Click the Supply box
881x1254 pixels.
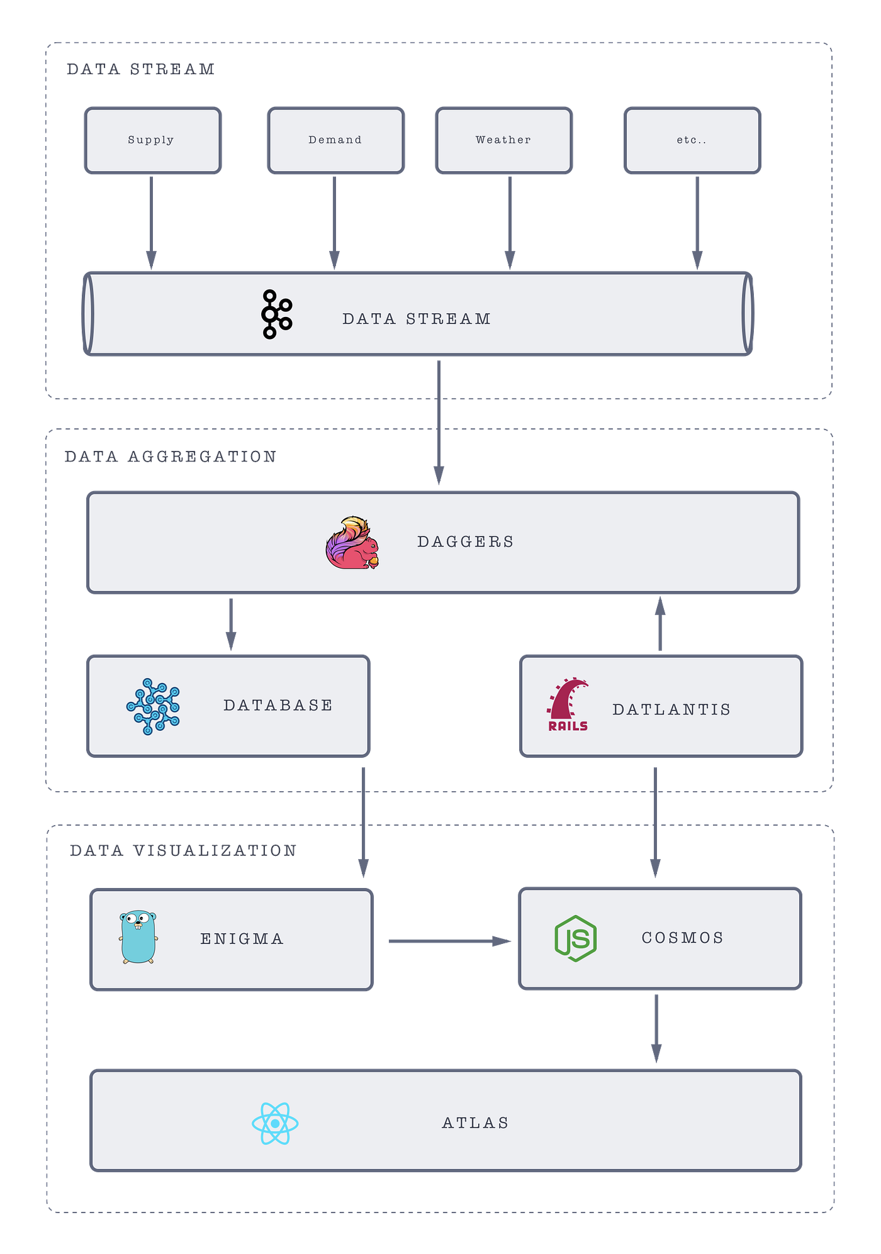153,140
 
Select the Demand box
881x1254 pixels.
335,140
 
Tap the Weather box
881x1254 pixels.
504,140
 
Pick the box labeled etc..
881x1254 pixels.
692,140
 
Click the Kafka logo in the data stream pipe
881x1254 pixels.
277,314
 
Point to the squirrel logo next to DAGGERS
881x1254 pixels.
352,543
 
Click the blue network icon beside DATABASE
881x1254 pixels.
153,706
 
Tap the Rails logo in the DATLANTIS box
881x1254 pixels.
568,704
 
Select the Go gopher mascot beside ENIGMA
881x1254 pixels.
138,937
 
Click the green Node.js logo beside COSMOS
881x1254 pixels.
576,938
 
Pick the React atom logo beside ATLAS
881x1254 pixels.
275,1123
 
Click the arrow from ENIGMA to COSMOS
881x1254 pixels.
450,941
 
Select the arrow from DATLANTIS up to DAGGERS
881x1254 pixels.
660,623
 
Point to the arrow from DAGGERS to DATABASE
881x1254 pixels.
231,624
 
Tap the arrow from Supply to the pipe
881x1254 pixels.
151,223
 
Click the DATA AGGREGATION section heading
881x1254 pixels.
171,457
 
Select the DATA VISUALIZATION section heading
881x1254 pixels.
183,850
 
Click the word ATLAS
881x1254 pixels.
476,1123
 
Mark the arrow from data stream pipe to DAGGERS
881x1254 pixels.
439,423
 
